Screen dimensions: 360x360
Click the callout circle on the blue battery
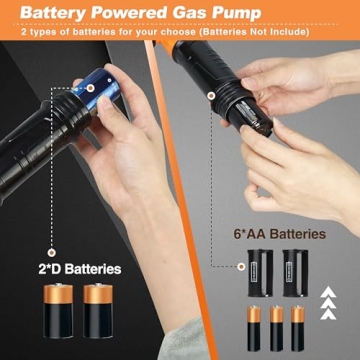(89, 87)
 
